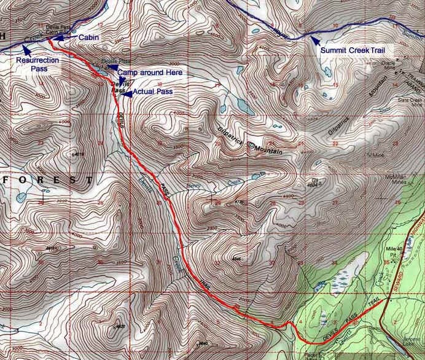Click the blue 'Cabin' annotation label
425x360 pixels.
click(89, 37)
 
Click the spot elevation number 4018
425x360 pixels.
click(78, 154)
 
